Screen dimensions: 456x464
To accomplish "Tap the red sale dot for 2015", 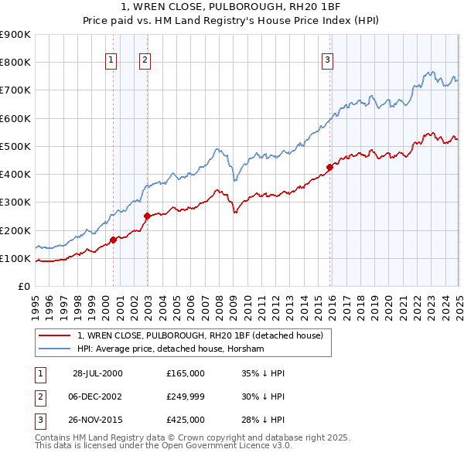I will click(x=329, y=166).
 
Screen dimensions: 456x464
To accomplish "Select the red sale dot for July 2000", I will click(x=113, y=240).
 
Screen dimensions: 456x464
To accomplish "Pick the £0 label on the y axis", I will click(x=23, y=286).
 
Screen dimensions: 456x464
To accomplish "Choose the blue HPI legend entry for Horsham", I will click(x=170, y=349).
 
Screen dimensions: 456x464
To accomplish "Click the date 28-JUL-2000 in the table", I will click(x=97, y=373).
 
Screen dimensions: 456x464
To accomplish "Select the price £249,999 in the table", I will click(x=186, y=396).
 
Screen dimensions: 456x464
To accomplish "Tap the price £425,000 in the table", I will click(x=186, y=420).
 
